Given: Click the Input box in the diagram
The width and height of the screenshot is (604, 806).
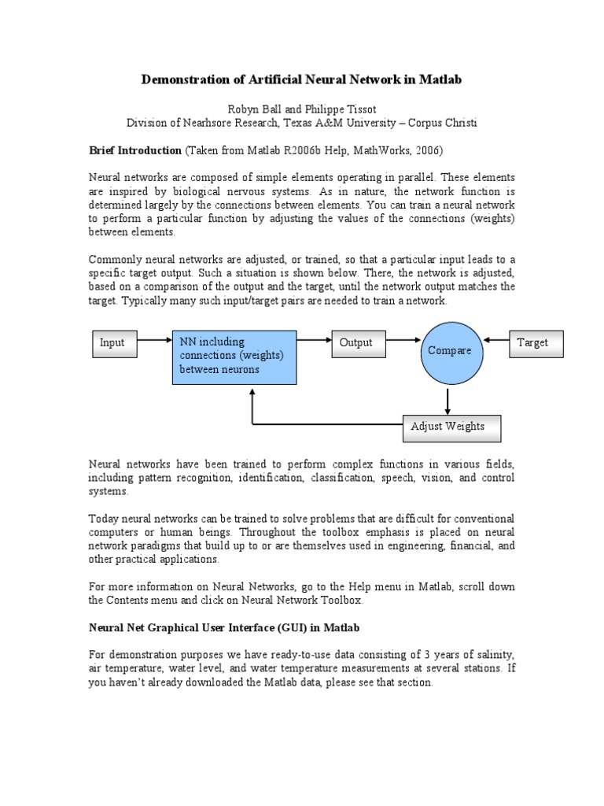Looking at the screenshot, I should pos(112,343).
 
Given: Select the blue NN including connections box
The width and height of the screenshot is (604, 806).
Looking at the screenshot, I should pos(234,357).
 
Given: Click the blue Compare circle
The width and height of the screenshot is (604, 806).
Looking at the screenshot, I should pos(449,351).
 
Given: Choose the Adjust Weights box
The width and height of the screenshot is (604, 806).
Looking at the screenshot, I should pos(451,427).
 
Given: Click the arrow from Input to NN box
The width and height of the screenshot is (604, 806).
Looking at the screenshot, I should pos(153,341).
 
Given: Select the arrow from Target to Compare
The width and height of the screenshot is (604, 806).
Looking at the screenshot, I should pos(498,341).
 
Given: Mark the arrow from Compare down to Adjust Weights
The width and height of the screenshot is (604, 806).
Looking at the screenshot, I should pos(449,401).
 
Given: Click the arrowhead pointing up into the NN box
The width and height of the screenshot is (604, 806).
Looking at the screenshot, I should pos(252,392).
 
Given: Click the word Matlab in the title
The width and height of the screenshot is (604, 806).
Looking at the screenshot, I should pos(440,79).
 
